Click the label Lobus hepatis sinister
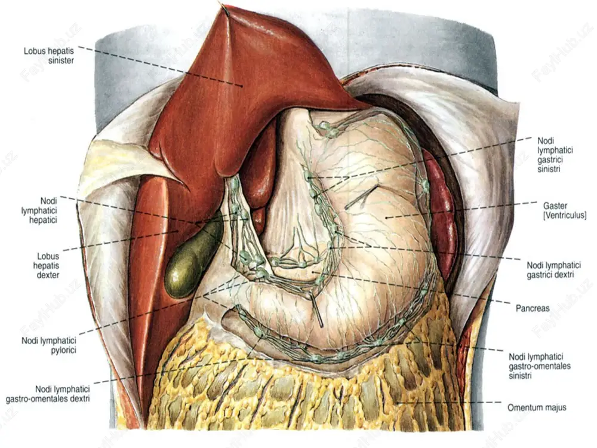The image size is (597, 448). click(49, 56)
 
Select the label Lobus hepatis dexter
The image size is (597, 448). click(48, 266)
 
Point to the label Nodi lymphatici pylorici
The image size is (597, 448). click(49, 345)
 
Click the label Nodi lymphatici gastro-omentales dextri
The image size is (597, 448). click(48, 394)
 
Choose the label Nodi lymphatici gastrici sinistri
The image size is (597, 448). click(555, 155)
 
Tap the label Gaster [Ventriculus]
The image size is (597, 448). click(564, 210)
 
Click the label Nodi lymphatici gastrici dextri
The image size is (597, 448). click(553, 270)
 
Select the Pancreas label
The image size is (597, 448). click(533, 308)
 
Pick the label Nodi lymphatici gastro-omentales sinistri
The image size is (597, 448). click(540, 366)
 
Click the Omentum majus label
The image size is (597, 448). click(537, 408)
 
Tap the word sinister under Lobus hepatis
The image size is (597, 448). click(61, 60)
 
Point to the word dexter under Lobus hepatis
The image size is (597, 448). click(48, 275)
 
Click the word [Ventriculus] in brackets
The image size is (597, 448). click(564, 215)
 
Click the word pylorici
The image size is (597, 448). click(64, 350)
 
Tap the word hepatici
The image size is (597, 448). click(43, 220)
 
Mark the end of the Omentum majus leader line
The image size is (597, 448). click(396, 403)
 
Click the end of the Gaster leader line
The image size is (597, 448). click(386, 218)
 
